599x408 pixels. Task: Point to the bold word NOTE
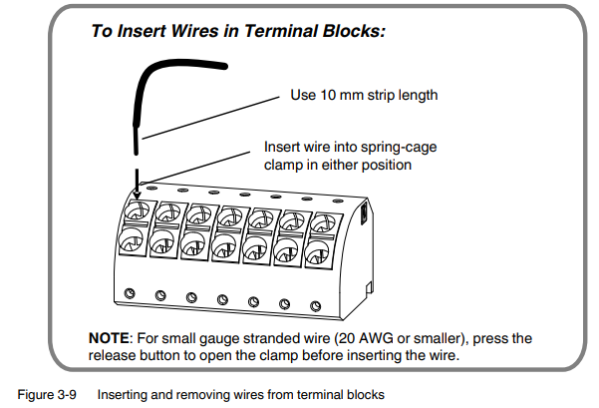[x=107, y=339]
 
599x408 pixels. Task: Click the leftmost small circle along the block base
[x=130, y=292]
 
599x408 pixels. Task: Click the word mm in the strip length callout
[x=348, y=96]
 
